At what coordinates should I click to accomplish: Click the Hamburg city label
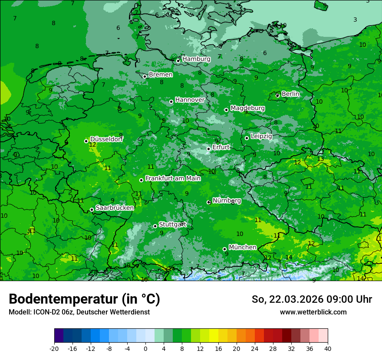click(x=196, y=59)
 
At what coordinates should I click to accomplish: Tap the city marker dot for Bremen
click(x=145, y=76)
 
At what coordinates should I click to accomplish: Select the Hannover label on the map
click(x=190, y=100)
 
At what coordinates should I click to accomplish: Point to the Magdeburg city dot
click(x=226, y=110)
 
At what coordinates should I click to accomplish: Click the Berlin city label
click(x=290, y=94)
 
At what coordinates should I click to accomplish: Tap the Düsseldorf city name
click(x=106, y=139)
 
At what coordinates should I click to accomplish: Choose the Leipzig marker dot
click(x=247, y=138)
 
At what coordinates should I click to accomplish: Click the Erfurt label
click(x=221, y=147)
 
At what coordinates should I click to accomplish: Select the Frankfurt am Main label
click(x=173, y=178)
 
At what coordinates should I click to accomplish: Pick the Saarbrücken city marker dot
click(x=92, y=209)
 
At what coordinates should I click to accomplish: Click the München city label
click(x=242, y=247)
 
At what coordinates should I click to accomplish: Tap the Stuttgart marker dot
click(x=155, y=226)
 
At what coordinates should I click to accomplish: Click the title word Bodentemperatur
click(x=63, y=299)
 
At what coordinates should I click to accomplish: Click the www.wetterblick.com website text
click(x=313, y=312)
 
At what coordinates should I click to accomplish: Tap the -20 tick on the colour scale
click(x=54, y=349)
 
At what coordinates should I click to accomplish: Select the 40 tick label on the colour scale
click(x=327, y=349)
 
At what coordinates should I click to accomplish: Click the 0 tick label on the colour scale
click(x=145, y=349)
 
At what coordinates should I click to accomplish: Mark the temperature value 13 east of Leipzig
click(x=320, y=159)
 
